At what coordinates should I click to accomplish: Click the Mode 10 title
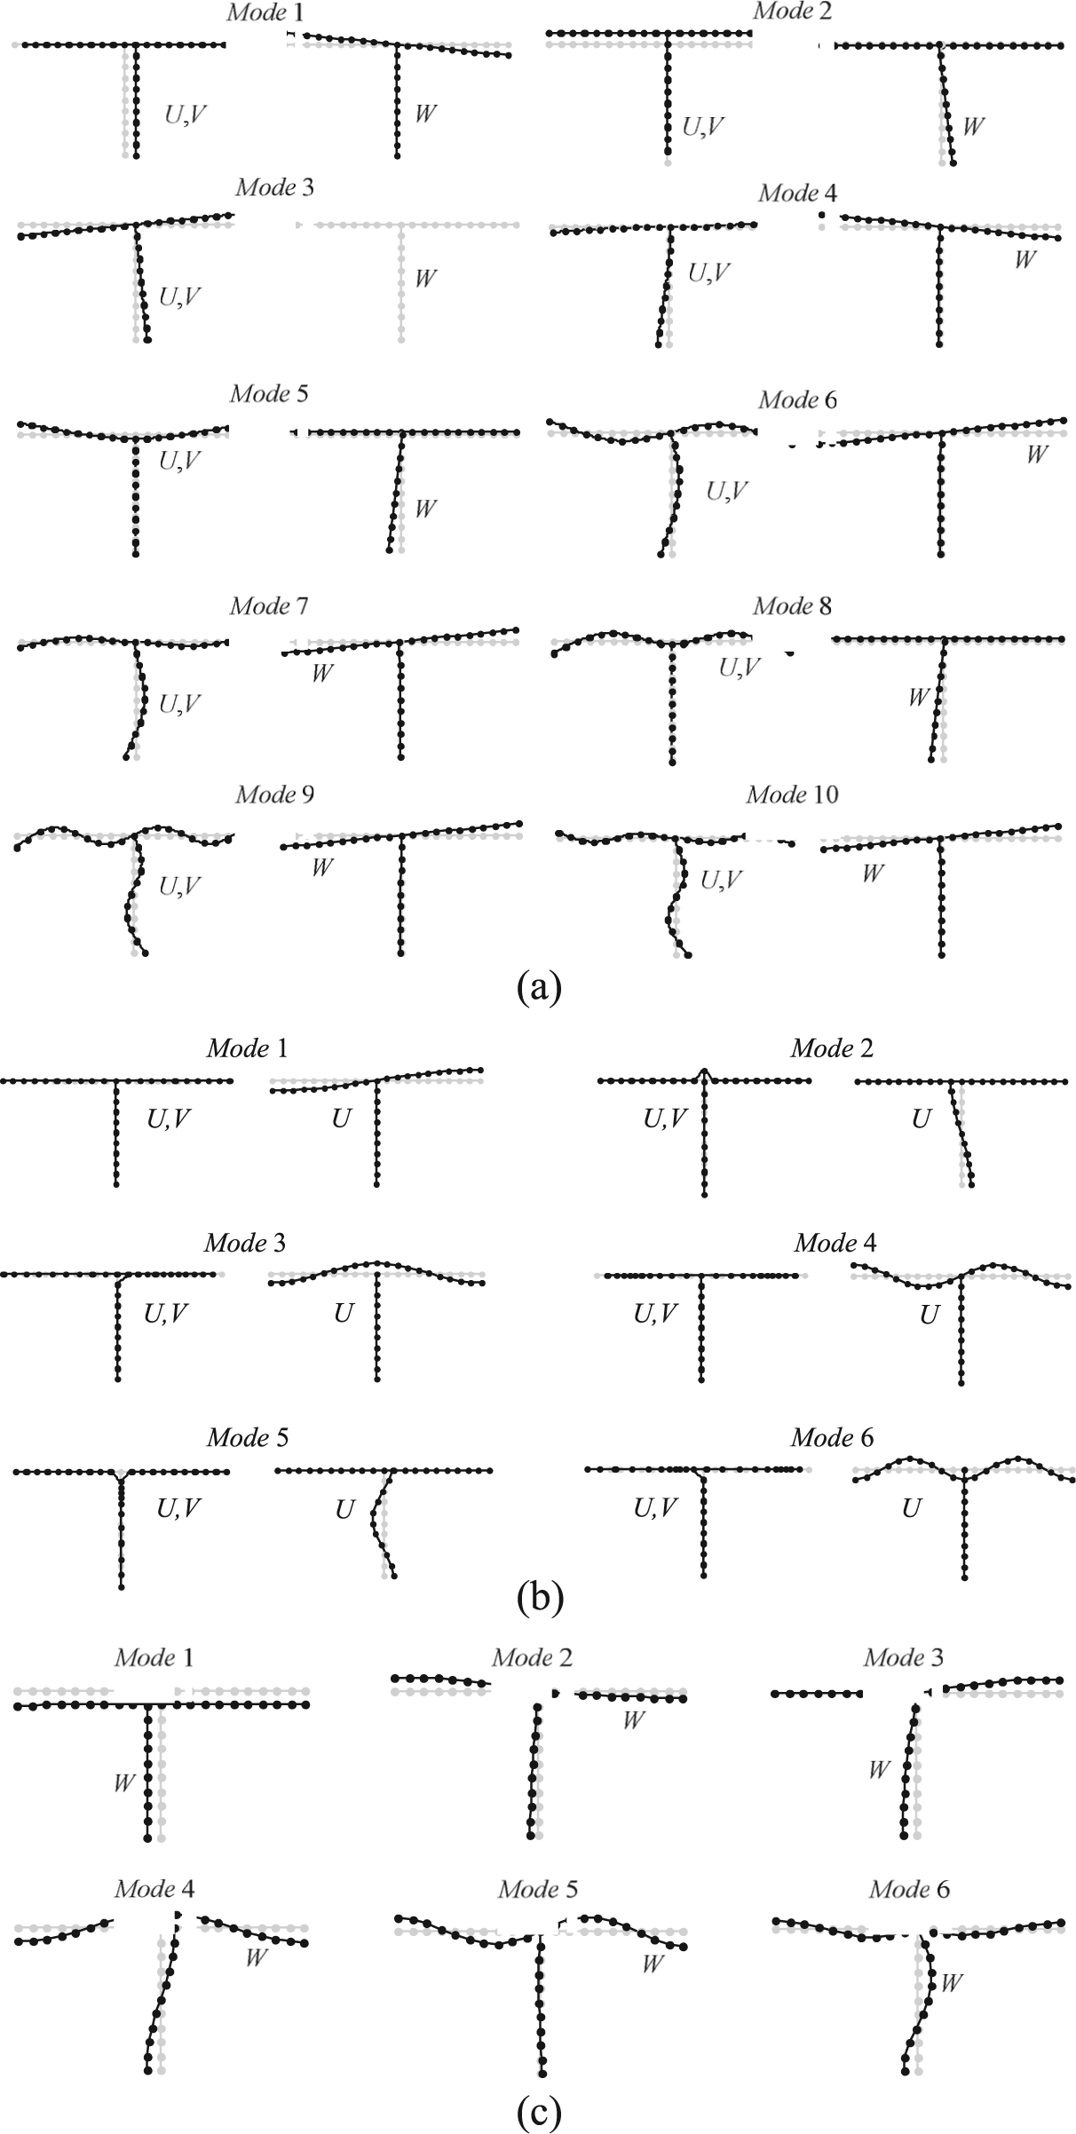(792, 794)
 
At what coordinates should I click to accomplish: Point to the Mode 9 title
(274, 794)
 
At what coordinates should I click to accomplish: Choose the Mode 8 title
(792, 606)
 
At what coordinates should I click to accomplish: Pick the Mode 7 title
(268, 606)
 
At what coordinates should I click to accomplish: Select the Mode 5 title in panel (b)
(247, 1437)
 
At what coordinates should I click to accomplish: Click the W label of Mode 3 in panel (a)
(425, 279)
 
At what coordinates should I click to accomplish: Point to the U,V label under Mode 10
(721, 881)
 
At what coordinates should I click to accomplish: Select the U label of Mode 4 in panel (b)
(929, 1316)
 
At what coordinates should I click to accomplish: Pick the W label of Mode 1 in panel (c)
(123, 1782)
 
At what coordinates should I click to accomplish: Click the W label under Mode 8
(918, 698)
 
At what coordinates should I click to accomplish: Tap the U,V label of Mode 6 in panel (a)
(726, 490)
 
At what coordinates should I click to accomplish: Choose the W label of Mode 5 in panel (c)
(653, 1964)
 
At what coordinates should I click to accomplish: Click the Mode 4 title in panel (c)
(154, 1889)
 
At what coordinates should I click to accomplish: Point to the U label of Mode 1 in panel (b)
(341, 1119)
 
